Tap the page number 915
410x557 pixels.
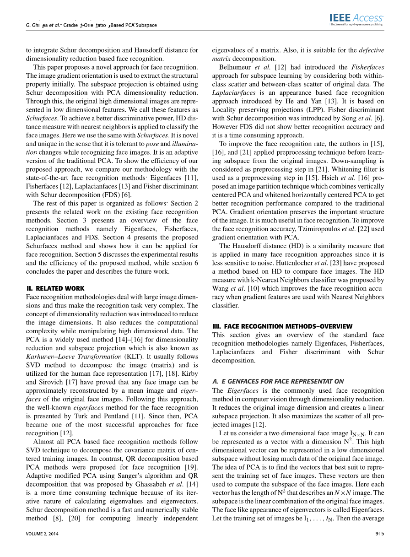[x=380, y=533]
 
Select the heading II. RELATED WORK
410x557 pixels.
[x=55, y=288]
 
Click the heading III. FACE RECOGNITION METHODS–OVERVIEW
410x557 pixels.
[x=282, y=326]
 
